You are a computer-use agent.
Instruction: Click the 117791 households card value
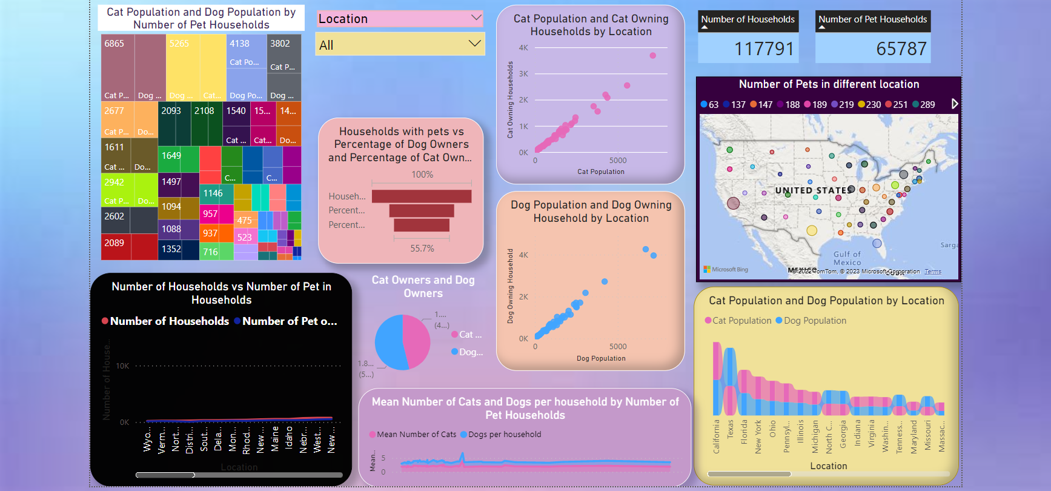pos(763,48)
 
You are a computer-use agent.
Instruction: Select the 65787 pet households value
pos(901,48)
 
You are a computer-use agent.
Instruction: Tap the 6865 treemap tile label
pos(114,44)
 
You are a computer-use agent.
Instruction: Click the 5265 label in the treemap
pos(179,44)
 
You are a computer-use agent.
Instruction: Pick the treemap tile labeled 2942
pos(114,182)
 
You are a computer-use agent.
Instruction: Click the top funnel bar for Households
pos(422,196)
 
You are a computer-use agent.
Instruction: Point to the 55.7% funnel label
pos(422,249)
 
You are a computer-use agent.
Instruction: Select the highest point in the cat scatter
pos(652,56)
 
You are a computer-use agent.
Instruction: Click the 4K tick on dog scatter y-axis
pos(523,255)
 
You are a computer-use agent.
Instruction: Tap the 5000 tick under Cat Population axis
pos(618,161)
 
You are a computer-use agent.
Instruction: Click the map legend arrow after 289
pos(955,104)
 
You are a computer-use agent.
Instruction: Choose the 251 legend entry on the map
pos(897,105)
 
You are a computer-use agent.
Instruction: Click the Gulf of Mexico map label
pos(847,258)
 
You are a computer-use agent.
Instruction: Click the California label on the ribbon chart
pos(717,436)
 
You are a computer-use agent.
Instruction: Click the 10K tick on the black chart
pos(122,366)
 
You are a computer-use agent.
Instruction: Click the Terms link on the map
pos(932,272)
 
